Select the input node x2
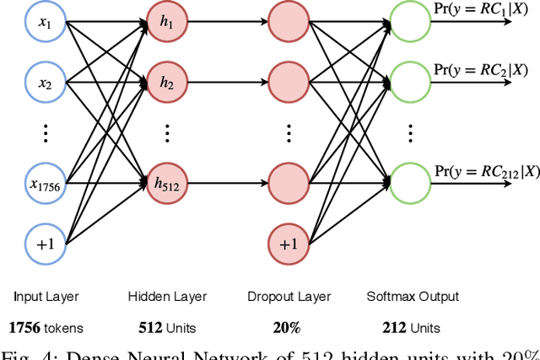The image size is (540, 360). [44, 83]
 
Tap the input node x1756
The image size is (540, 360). [44, 184]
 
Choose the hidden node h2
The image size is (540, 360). [166, 83]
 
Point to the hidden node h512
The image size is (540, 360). [166, 184]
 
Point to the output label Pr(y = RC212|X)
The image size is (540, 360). [486, 171]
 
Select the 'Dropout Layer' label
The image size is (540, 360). [289, 297]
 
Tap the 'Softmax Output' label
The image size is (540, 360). [413, 297]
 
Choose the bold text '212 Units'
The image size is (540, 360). [413, 327]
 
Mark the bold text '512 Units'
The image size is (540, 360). [166, 327]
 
